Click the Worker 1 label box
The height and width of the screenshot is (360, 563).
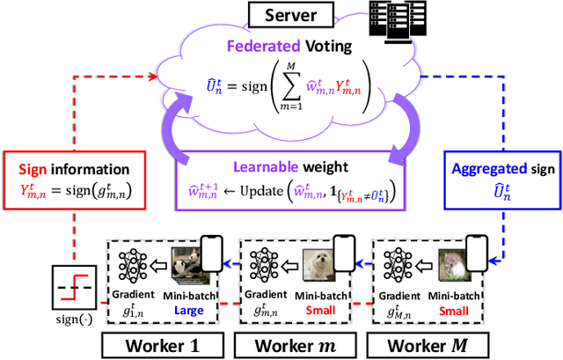[155, 340]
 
